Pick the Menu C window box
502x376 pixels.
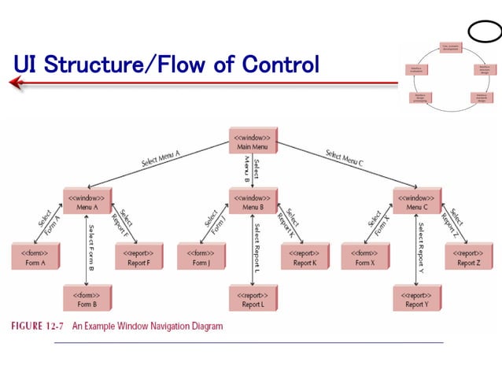tap(417, 201)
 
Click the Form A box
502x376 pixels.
tap(35, 256)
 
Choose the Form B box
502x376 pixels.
tap(87, 298)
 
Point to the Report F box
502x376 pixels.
tap(138, 256)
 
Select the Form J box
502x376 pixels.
tap(200, 256)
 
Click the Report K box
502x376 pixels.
tap(304, 256)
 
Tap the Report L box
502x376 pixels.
tap(252, 298)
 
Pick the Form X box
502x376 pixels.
tap(365, 256)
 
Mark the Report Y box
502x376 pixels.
tap(417, 298)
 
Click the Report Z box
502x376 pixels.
tap(469, 256)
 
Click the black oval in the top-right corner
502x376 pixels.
tap(483, 31)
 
